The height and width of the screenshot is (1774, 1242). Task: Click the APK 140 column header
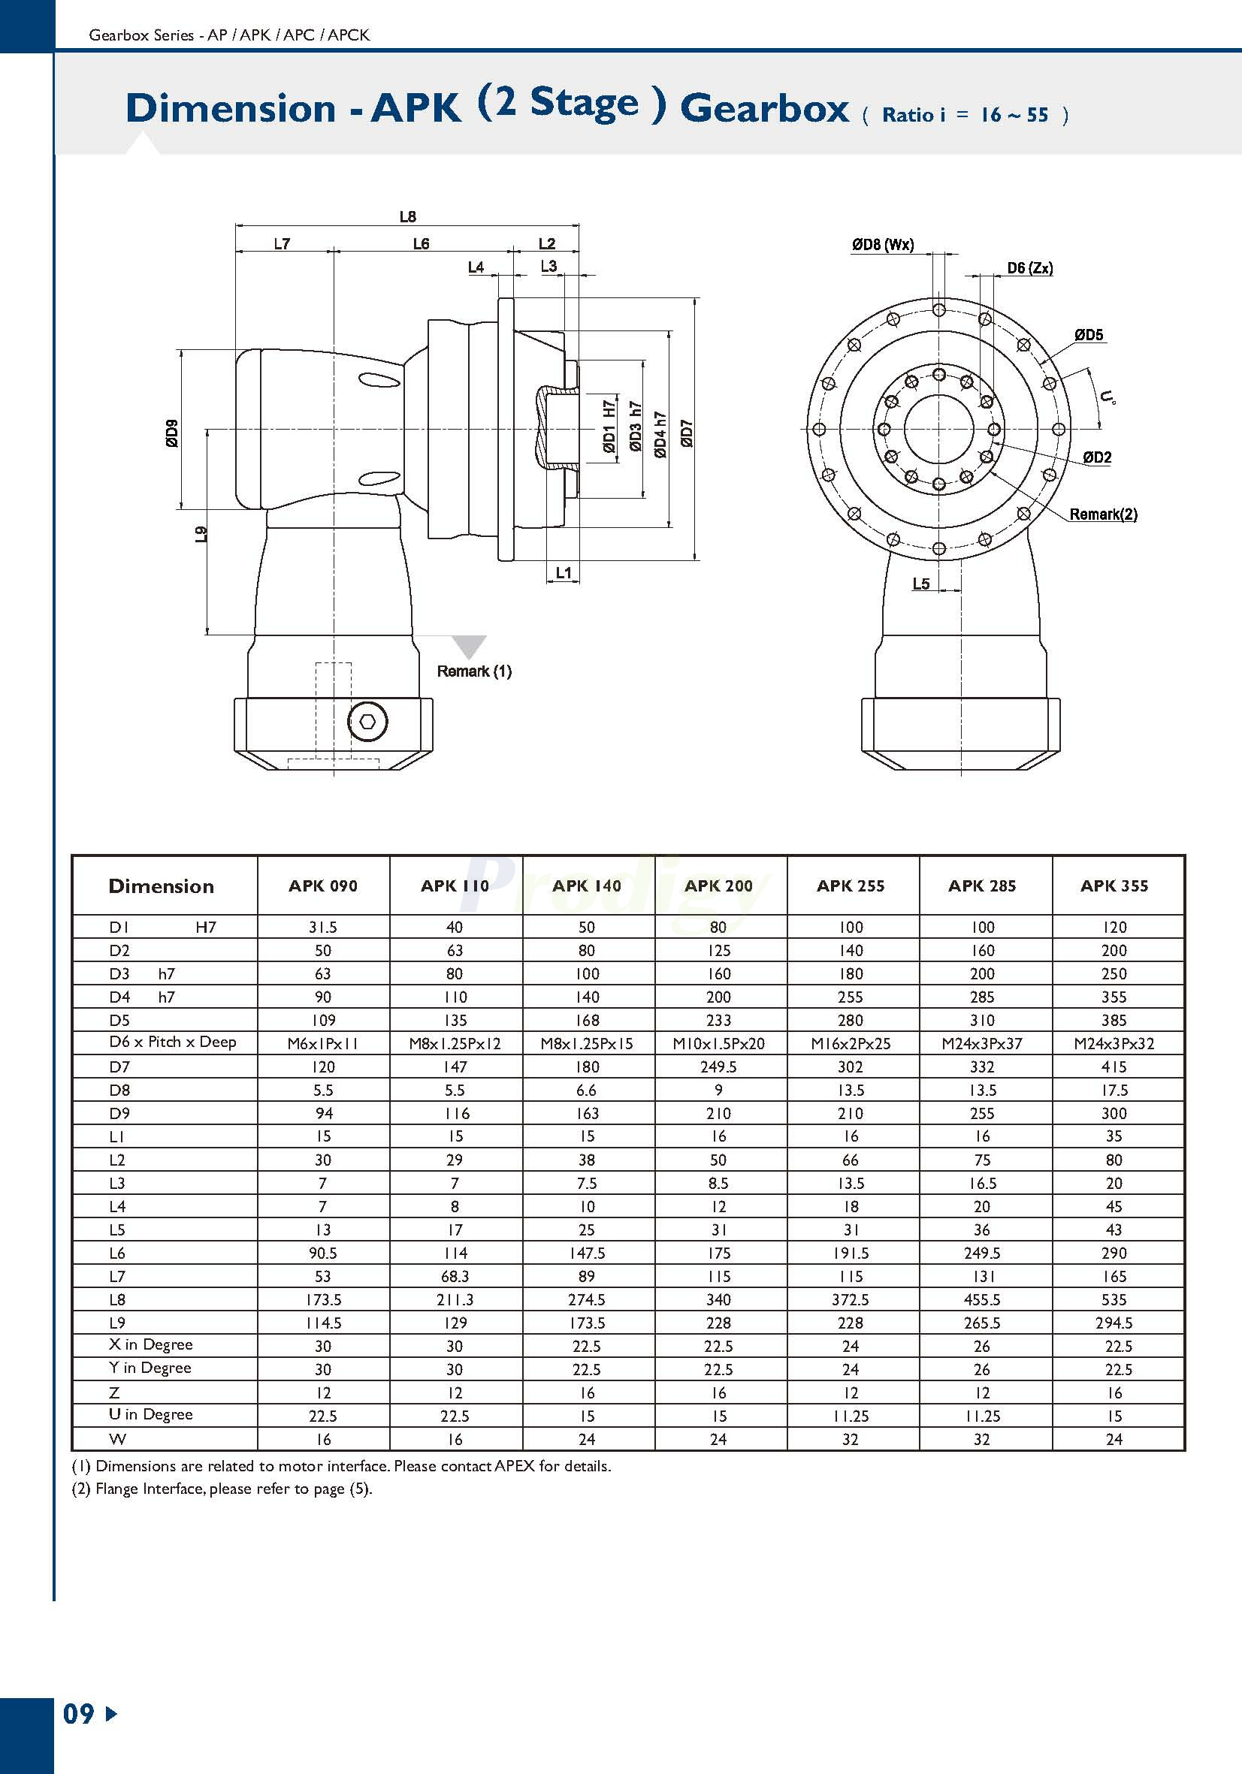(587, 885)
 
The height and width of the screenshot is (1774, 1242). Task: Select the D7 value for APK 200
(718, 1067)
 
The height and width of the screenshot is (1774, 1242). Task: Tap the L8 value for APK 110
(455, 1299)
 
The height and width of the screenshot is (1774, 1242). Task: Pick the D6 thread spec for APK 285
(981, 1043)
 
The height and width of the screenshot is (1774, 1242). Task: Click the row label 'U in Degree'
(151, 1415)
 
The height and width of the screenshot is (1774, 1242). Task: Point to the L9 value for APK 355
(1114, 1323)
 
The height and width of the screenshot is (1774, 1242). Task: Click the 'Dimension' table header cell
(162, 886)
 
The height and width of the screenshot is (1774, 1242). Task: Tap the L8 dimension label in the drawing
(407, 217)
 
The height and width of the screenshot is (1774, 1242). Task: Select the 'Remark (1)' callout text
(474, 671)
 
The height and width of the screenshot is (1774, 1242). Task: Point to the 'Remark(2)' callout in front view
(1103, 514)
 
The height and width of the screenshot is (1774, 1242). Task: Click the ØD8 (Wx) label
(883, 245)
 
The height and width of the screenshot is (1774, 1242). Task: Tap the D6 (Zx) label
(1029, 268)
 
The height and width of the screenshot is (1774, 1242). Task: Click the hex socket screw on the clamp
(367, 723)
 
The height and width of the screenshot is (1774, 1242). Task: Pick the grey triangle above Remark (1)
(469, 646)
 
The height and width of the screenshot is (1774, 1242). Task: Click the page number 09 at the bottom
(79, 1714)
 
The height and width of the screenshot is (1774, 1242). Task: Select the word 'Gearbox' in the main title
(764, 108)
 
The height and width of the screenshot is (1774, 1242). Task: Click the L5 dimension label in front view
(920, 584)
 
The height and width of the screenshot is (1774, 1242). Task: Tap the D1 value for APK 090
(323, 927)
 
